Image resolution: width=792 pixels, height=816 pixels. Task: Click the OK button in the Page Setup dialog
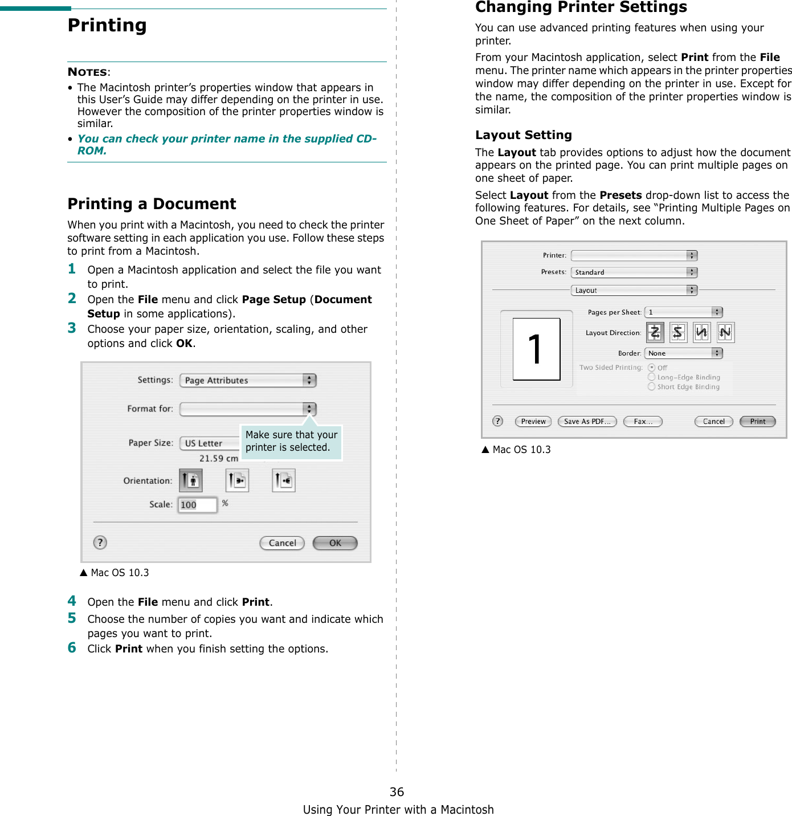335,543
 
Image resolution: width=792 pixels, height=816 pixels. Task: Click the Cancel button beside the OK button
282,543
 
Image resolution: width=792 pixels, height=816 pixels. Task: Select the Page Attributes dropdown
248,381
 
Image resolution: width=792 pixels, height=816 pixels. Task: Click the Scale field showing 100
197,505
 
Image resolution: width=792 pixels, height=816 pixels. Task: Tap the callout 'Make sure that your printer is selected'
291,442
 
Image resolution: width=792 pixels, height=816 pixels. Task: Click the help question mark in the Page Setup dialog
100,542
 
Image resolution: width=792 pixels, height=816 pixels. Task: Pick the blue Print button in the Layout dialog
757,422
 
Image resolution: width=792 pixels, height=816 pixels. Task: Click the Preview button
533,422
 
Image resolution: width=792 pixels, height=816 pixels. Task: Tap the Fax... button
643,422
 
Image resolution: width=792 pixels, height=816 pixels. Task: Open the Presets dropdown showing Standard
634,272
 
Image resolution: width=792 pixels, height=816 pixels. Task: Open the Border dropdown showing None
683,353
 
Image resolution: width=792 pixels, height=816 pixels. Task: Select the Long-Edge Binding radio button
651,377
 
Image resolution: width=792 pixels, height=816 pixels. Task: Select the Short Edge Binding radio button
651,386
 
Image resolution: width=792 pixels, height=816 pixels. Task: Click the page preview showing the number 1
536,349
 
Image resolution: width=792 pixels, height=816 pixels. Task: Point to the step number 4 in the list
72,601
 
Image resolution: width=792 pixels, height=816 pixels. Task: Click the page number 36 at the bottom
397,791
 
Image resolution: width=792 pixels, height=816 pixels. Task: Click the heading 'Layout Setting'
523,135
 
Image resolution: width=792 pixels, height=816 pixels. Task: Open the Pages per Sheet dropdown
683,312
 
